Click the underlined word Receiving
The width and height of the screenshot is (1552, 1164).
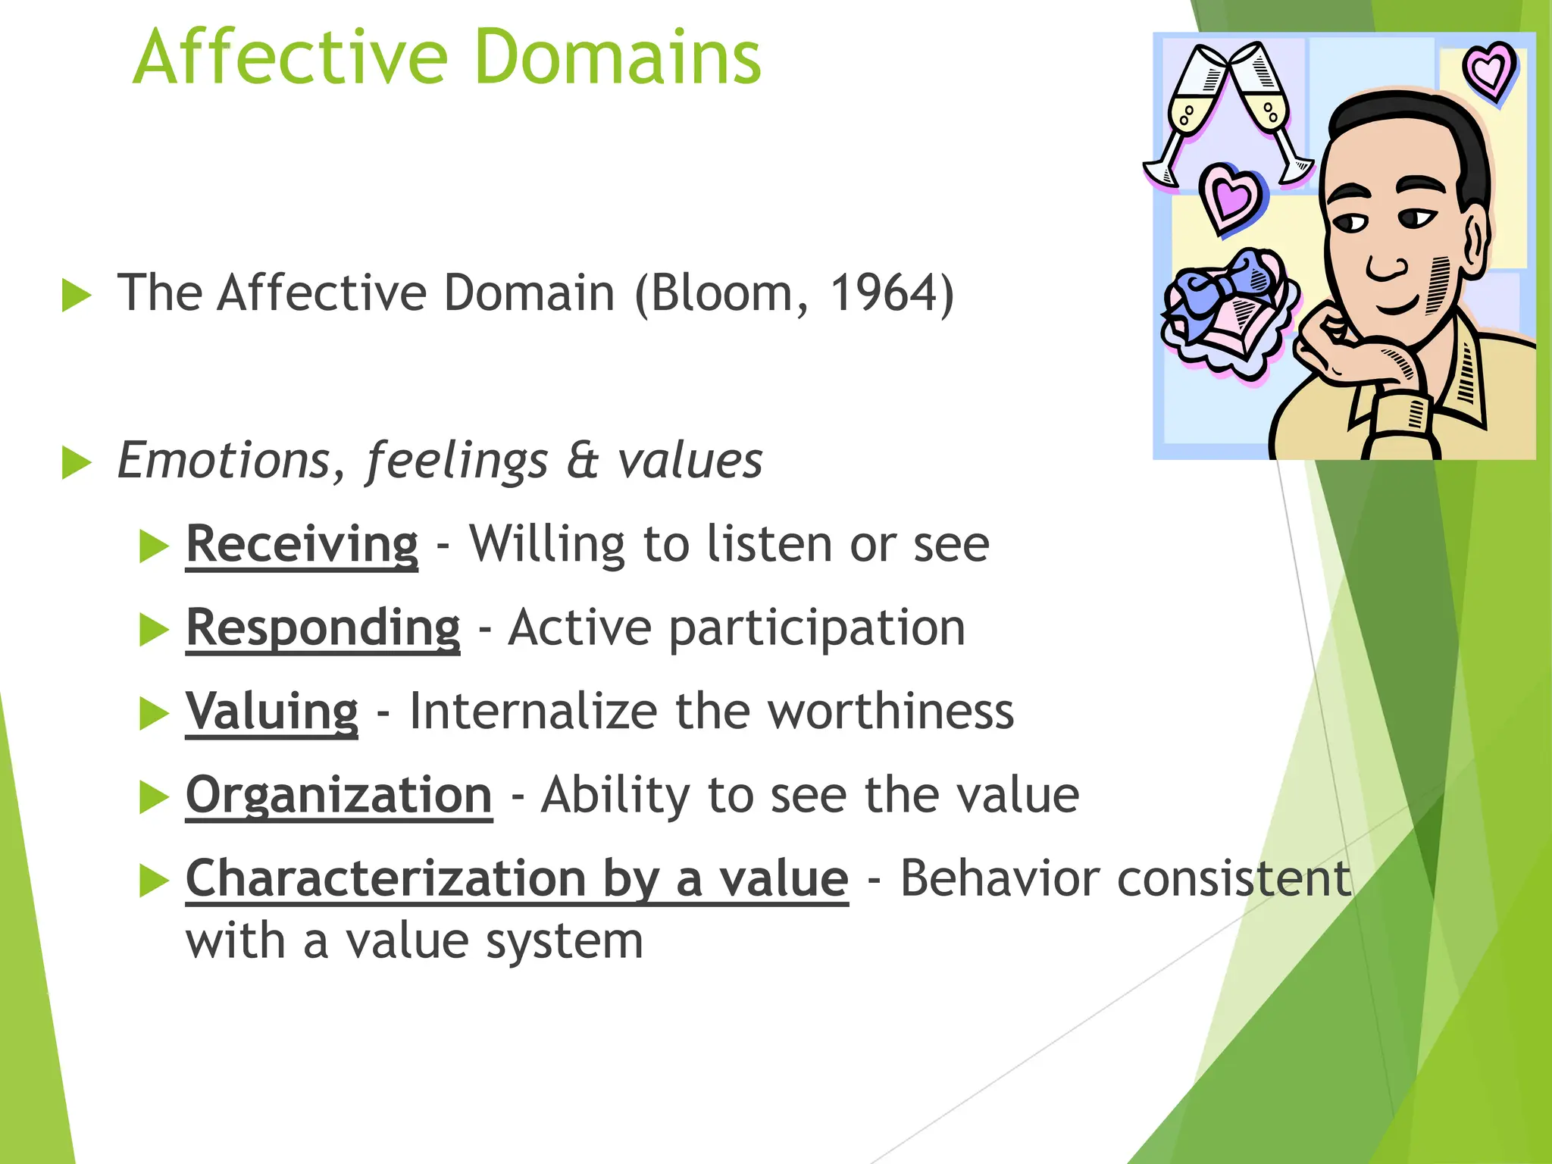[302, 544]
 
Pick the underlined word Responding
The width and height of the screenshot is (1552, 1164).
[323, 628]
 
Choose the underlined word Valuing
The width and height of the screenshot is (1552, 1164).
[271, 712]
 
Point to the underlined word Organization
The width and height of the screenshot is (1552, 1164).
[339, 795]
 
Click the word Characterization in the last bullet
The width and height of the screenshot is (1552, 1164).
[386, 878]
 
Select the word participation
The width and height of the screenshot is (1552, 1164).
[817, 630]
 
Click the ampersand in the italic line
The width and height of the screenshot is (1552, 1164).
[582, 461]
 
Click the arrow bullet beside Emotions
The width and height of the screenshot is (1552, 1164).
[76, 463]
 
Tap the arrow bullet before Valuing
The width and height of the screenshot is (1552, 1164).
[154, 714]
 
